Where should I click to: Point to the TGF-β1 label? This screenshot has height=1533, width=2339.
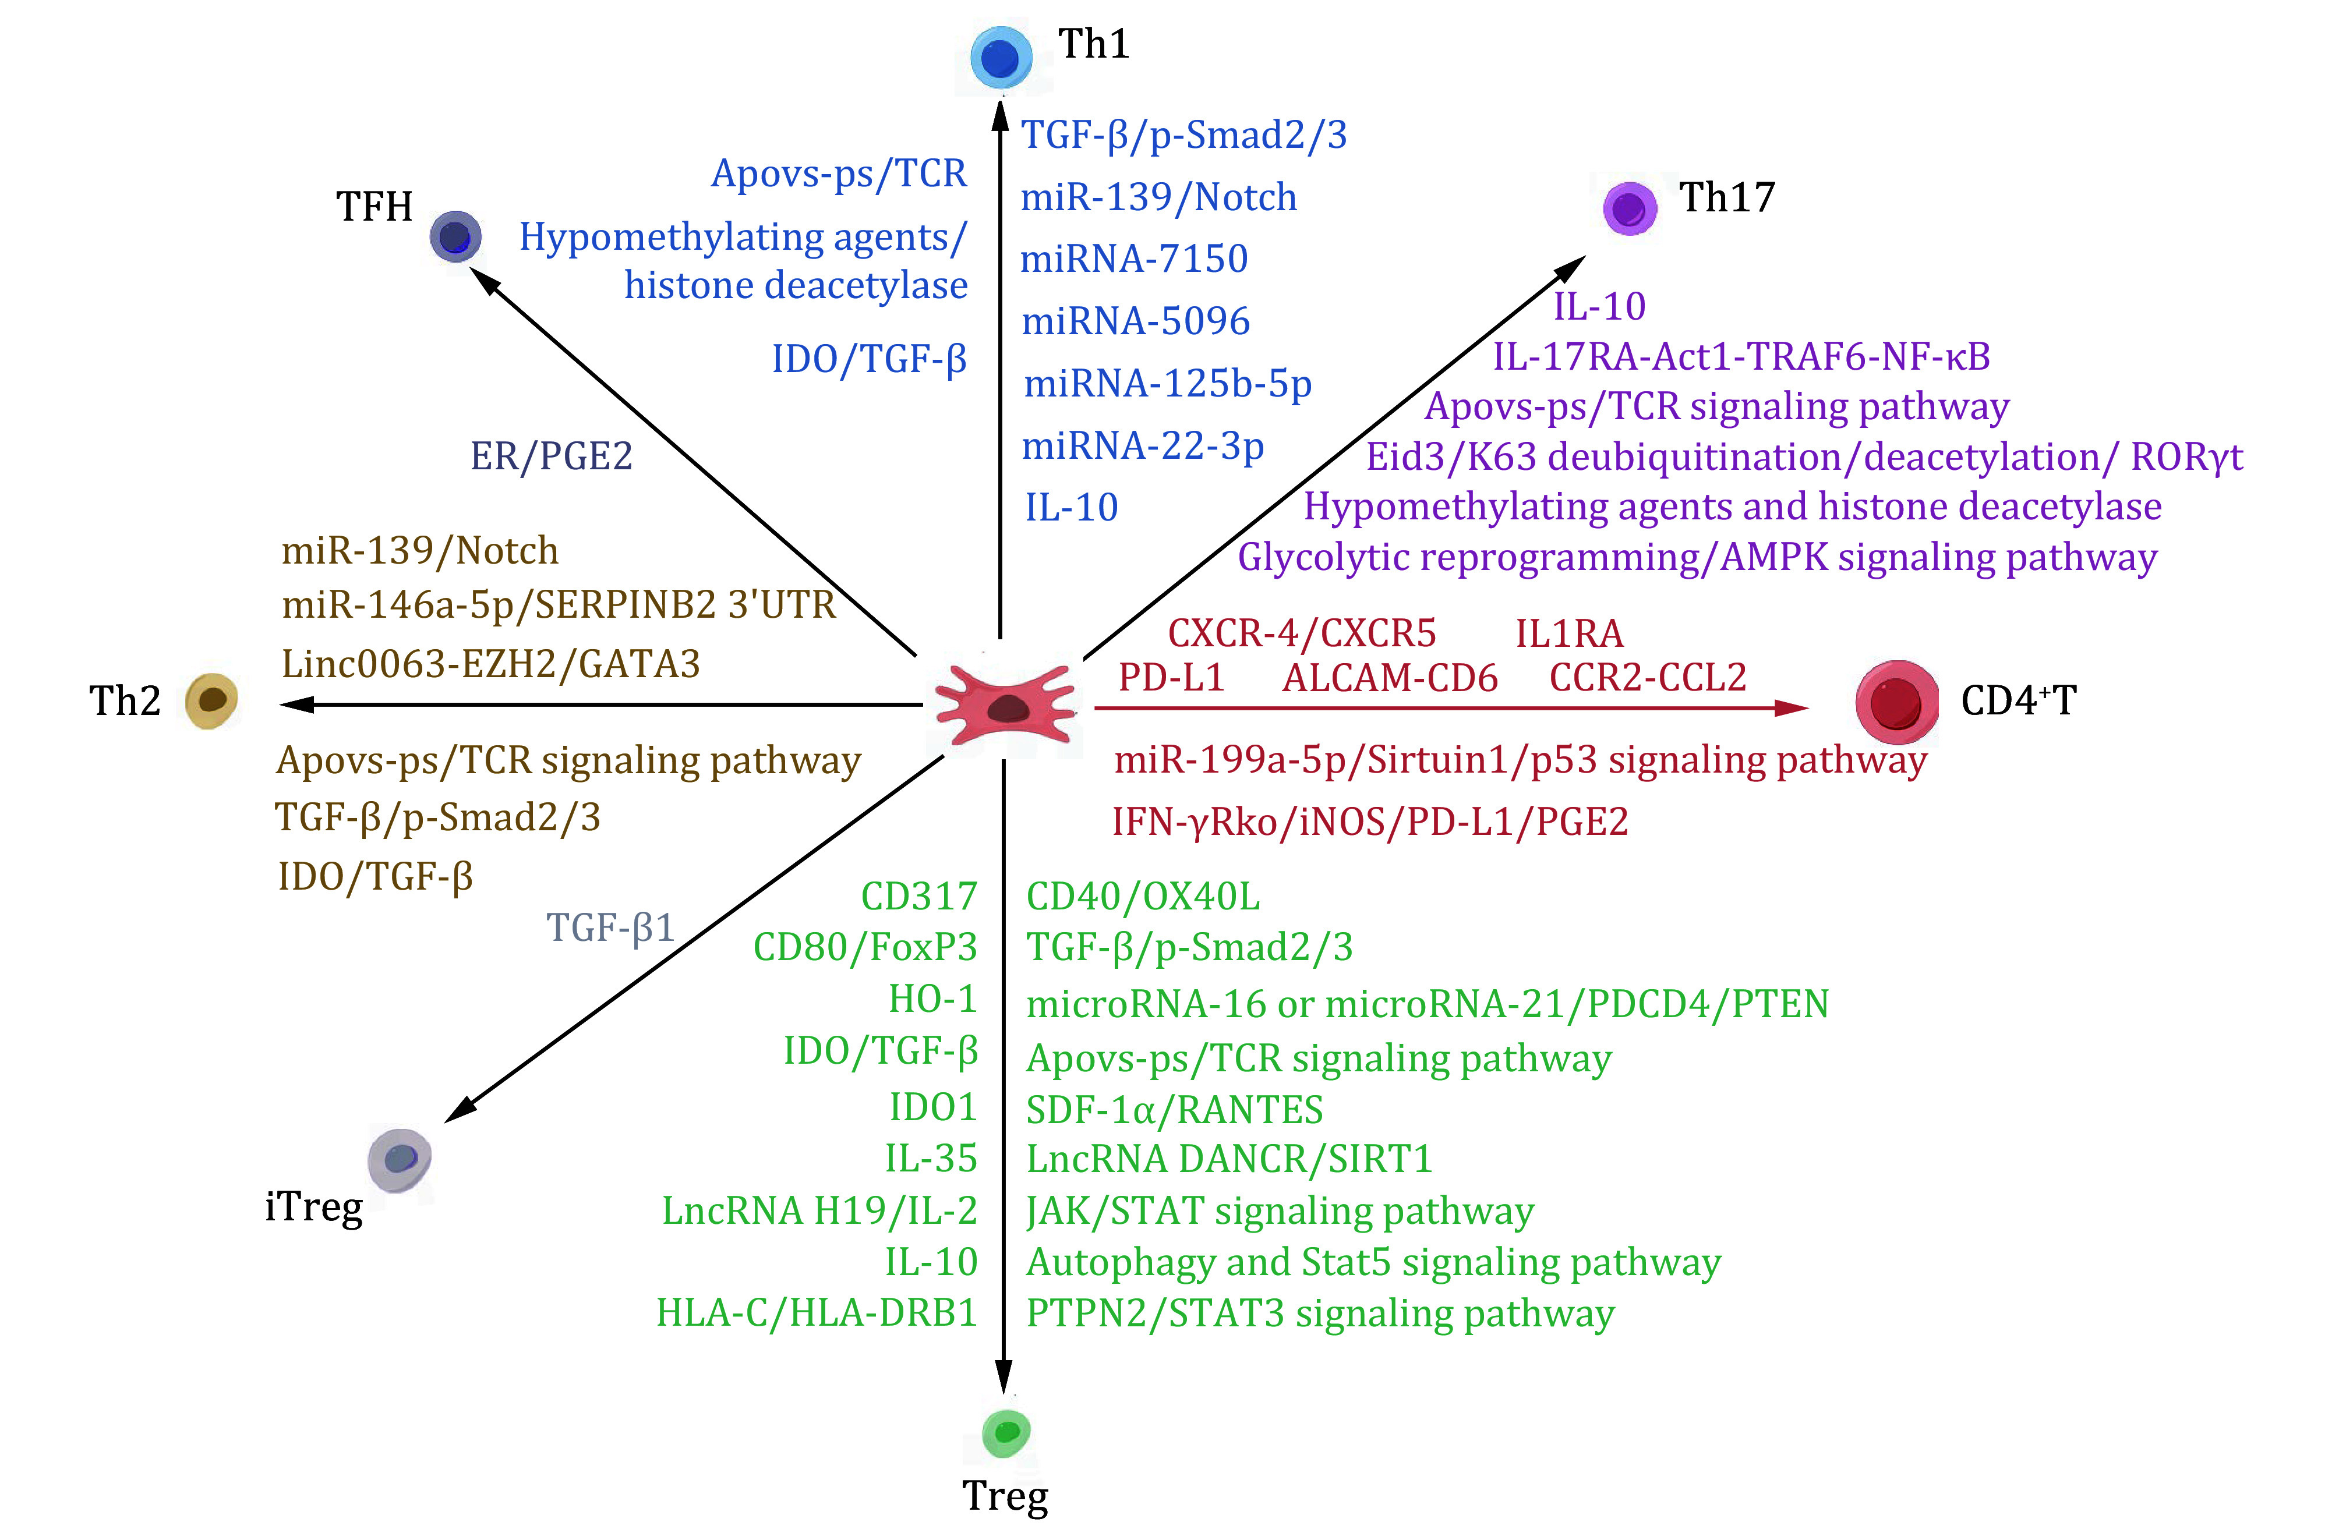point(610,927)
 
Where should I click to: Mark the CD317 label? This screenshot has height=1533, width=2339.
point(919,896)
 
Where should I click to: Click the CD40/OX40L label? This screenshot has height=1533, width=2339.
point(1143,896)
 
